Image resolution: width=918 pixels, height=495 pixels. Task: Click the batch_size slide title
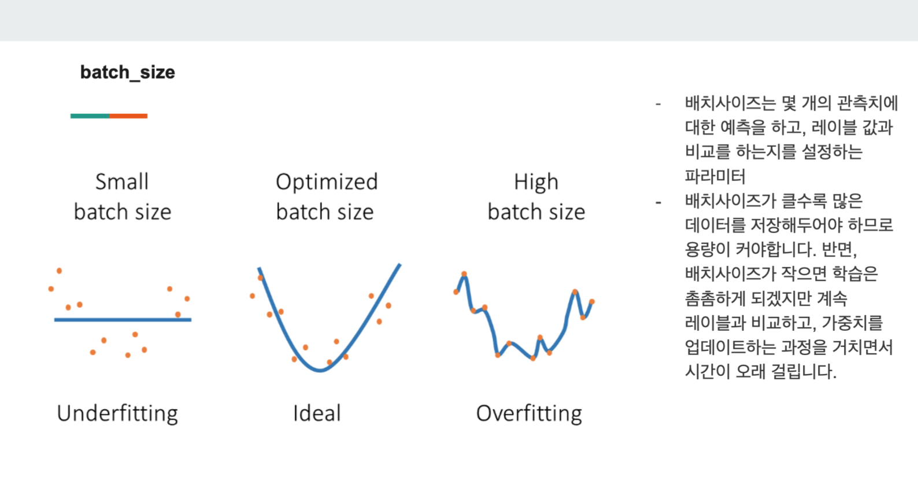pos(127,73)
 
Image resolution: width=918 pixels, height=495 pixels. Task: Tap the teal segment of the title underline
pos(90,116)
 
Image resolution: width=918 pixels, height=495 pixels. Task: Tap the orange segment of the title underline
pos(128,116)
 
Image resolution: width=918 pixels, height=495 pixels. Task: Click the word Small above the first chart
pos(122,182)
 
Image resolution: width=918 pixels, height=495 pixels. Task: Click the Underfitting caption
pos(117,414)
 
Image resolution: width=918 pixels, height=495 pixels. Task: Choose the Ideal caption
pos(317,413)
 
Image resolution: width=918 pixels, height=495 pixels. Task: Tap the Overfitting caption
pos(529,414)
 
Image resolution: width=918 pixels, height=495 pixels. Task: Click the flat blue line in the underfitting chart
pos(123,320)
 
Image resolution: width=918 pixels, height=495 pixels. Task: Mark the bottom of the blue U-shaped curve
pos(320,370)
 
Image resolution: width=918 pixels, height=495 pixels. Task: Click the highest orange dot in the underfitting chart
pos(60,271)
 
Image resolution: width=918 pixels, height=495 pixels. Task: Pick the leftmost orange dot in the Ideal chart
pos(253,295)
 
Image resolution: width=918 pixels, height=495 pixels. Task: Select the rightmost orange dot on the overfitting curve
pos(592,302)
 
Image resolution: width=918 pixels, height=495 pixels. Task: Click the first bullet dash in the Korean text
pos(658,105)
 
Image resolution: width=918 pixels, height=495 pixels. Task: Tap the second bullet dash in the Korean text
pos(658,202)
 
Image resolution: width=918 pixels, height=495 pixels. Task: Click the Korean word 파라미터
pos(715,176)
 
